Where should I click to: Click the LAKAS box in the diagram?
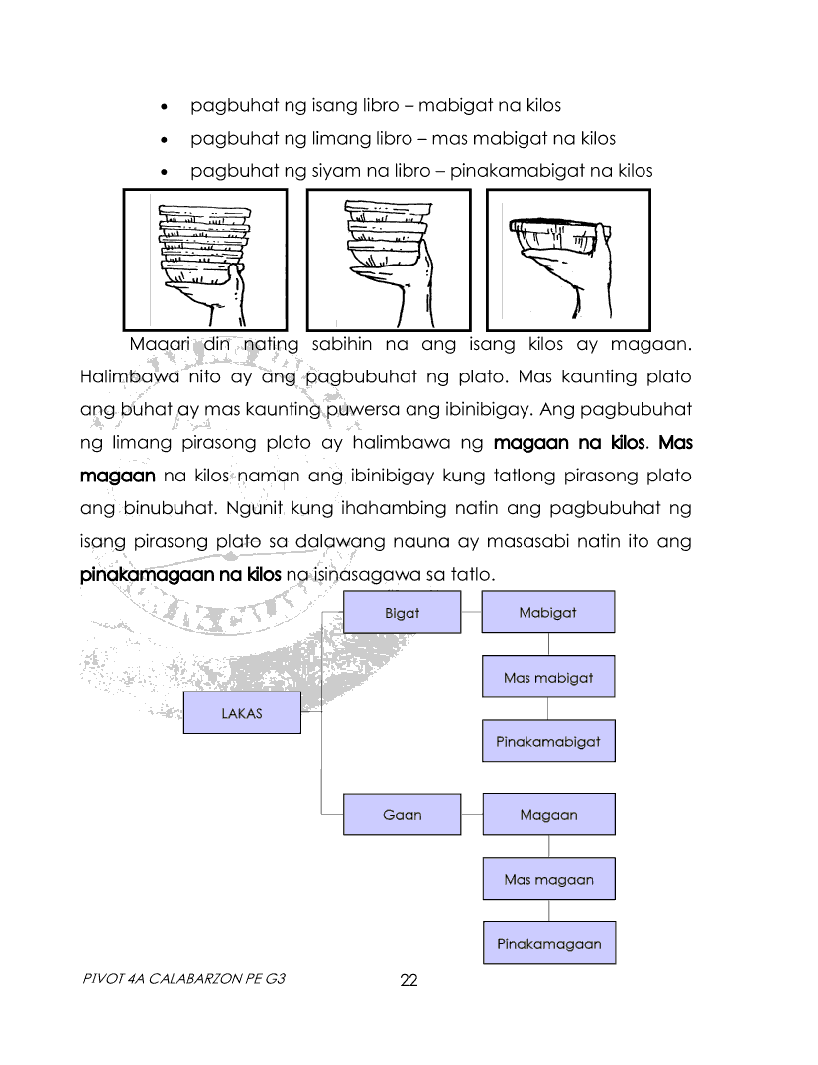[x=242, y=712]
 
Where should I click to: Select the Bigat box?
[x=402, y=612]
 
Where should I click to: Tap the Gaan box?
[x=402, y=814]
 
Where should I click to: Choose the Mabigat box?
[x=547, y=612]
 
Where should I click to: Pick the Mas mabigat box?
[x=547, y=678]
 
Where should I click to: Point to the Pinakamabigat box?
[x=547, y=740]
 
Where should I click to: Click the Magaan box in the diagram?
[x=547, y=814]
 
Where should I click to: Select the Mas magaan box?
[x=547, y=879]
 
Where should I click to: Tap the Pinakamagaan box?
[x=547, y=943]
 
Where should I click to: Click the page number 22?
[x=408, y=981]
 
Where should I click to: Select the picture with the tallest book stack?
[x=204, y=259]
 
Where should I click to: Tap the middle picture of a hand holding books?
[x=389, y=259]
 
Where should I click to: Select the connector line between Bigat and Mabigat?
[x=471, y=612]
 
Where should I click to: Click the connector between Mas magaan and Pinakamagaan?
[x=548, y=911]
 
